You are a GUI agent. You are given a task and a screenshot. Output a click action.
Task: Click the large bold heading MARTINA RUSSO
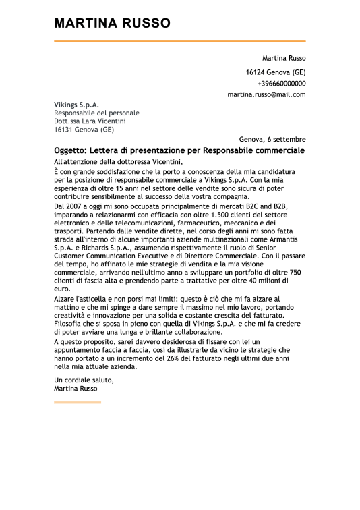pos(112,24)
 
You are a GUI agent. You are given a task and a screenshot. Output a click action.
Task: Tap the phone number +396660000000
pos(281,83)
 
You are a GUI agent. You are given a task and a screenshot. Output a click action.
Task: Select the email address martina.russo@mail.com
pos(266,94)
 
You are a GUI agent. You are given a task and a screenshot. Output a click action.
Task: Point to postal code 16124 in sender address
pos(255,72)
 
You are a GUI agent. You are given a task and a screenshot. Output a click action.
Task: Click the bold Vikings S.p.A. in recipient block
pos(76,105)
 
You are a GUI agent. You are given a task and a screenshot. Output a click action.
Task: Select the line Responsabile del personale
pos(96,113)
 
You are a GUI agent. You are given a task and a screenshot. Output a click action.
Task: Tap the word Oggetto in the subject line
pos(69,150)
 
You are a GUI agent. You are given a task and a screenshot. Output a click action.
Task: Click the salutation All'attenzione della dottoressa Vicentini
pos(118,162)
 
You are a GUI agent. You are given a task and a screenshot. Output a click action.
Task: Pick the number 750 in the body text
pos(296,279)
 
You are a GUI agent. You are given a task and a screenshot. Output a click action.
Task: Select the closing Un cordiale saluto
pos(84,380)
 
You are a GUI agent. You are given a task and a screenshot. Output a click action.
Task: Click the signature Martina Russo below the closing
pos(76,389)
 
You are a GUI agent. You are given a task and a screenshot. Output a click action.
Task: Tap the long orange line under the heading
pos(179,41)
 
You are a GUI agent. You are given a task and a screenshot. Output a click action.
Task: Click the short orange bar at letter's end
pos(77,403)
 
